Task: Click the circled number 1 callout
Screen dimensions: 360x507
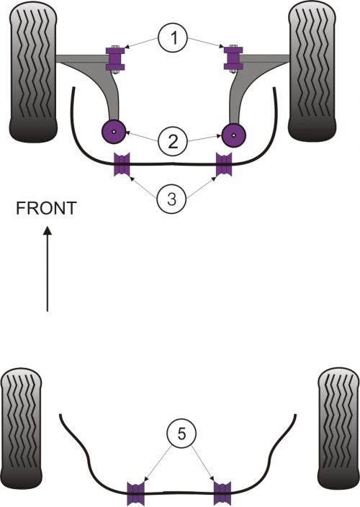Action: [174, 38]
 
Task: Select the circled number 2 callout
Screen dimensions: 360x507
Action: [173, 140]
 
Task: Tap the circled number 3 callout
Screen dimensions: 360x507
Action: [171, 199]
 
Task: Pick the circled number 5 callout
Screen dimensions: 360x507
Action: [181, 434]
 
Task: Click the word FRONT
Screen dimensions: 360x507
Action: [47, 208]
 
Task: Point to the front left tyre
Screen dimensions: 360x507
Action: [33, 72]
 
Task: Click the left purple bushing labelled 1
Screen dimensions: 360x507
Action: [115, 58]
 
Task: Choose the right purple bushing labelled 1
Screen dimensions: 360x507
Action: [233, 58]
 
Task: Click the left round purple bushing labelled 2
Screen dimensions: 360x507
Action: [114, 132]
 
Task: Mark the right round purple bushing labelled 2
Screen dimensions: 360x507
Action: [234, 135]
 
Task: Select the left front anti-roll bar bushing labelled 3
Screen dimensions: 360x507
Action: [122, 164]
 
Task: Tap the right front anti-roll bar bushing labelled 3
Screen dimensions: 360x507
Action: [224, 165]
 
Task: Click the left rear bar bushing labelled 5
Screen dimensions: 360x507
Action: [135, 494]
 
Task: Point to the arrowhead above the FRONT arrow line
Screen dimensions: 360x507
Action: [48, 230]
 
